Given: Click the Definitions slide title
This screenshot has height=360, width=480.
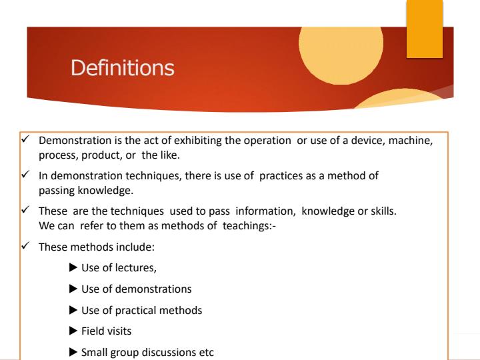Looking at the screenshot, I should click(123, 68).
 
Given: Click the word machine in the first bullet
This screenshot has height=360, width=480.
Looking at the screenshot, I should click(422, 141).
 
